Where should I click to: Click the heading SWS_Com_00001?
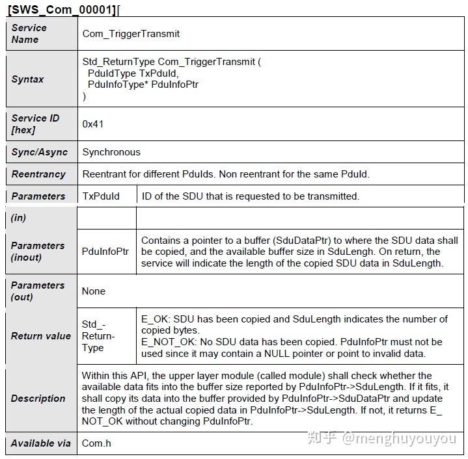pos(62,10)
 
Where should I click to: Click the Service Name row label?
pos(29,33)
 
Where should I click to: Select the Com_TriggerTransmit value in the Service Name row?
pos(131,33)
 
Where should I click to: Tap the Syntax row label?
pos(28,79)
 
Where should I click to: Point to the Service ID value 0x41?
pos(93,124)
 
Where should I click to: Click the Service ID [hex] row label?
pos(35,124)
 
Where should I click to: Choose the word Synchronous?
pos(111,152)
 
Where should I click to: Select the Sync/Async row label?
pos(39,152)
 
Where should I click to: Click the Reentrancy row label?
pos(38,174)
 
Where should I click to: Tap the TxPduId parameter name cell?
pos(101,196)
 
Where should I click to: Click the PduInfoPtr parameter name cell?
pos(105,251)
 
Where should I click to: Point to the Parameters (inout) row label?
pos(38,251)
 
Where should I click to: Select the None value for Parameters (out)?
pos(94,291)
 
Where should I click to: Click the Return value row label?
pos(40,336)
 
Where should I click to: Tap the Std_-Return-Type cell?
pos(98,336)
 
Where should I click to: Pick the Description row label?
pos(38,398)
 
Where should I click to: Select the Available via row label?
pos(40,443)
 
